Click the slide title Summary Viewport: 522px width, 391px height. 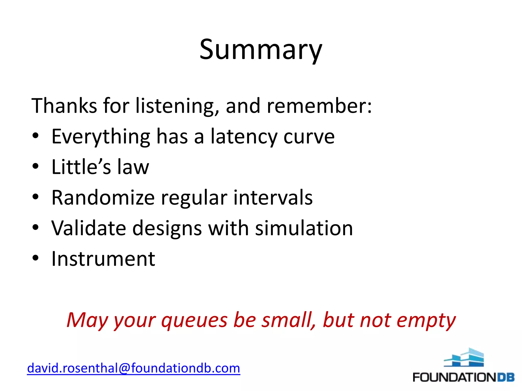point(261,50)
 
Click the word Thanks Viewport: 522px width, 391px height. point(64,106)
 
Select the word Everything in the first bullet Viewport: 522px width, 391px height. point(101,137)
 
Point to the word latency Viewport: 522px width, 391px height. point(244,137)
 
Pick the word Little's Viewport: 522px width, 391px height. point(81,167)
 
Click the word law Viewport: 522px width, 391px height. point(133,167)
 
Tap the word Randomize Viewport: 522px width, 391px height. point(103,198)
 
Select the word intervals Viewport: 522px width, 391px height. point(273,198)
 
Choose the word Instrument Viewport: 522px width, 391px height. point(103,259)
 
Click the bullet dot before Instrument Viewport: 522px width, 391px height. point(35,258)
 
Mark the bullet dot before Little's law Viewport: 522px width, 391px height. point(35,166)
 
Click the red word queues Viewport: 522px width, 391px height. point(194,320)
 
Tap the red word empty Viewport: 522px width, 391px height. point(426,320)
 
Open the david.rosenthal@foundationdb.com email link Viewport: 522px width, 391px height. point(134,368)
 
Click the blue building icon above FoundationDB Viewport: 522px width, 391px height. point(464,358)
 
